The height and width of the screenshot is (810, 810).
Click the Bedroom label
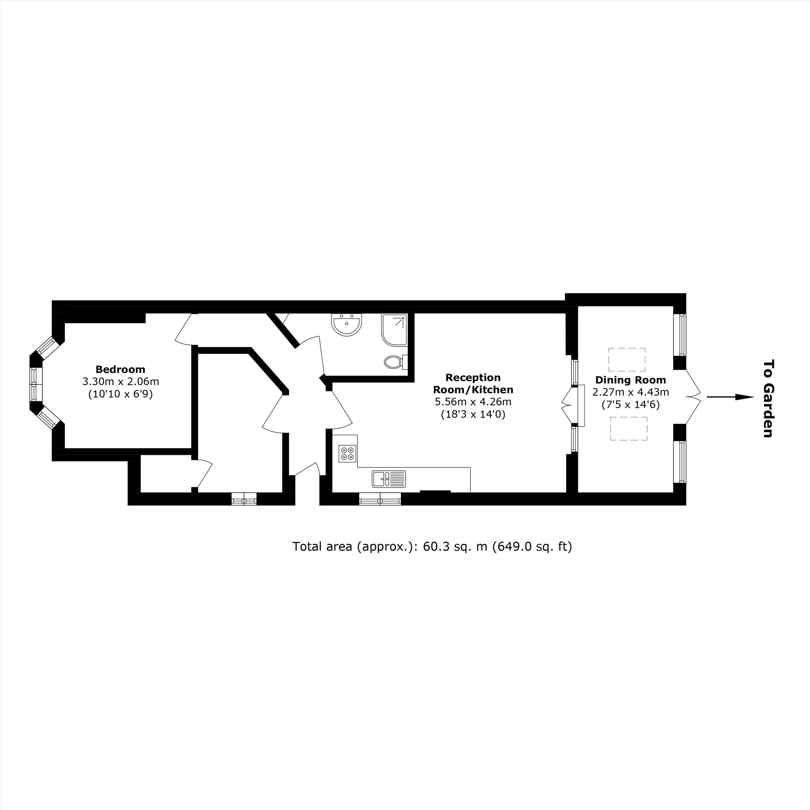120,369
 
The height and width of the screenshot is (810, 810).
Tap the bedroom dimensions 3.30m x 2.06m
120,382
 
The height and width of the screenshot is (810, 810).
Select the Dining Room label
631,380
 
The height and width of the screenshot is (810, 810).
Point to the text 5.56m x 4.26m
473,402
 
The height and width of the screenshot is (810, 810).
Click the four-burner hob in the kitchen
347,453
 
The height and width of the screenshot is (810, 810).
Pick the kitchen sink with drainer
389,479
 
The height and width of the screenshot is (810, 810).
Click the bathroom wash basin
346,325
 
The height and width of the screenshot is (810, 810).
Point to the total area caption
432,547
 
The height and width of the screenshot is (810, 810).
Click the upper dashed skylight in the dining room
627,360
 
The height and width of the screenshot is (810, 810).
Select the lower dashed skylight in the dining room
629,428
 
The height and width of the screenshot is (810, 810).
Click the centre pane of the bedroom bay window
34,384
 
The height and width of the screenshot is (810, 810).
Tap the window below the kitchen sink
380,499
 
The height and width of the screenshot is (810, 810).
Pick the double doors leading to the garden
693,396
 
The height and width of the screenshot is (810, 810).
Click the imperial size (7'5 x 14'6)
631,405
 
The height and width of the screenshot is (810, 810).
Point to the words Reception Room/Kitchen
473,384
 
